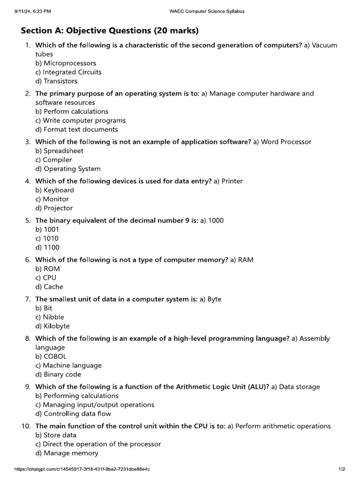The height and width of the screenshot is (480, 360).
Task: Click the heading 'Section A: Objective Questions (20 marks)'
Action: [x=110, y=31]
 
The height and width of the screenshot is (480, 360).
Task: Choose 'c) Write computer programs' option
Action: [x=81, y=120]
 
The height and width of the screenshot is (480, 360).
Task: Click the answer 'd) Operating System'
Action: [x=68, y=169]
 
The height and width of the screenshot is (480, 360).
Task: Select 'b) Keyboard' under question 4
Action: [x=54, y=190]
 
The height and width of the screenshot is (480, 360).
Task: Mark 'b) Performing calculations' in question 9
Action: [x=77, y=396]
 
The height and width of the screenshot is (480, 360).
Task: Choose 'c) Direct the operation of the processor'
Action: [x=98, y=444]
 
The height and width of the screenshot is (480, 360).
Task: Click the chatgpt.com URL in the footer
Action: [x=82, y=469]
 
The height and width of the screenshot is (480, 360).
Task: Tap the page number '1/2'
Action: [x=342, y=469]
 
